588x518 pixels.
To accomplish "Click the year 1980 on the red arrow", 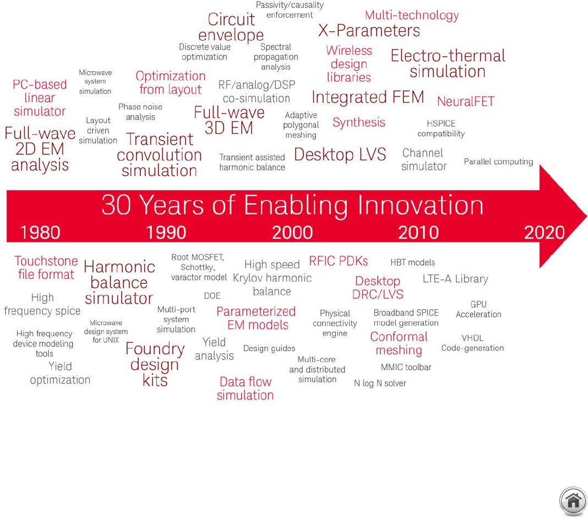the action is click(40, 233).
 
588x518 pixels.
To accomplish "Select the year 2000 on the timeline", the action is click(292, 233).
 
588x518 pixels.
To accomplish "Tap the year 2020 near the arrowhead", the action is click(545, 233).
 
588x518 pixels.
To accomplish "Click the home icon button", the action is click(573, 501).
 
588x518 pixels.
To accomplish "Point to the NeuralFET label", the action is click(466, 101).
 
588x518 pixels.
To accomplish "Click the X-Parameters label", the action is click(369, 31).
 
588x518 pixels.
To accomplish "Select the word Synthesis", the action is click(359, 122).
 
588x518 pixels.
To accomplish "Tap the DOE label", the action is click(213, 296).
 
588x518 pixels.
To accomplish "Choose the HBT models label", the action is click(412, 262).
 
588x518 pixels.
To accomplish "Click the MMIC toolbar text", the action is click(406, 367).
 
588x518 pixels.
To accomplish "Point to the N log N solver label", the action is click(380, 383).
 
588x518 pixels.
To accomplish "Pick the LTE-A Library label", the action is click(455, 279).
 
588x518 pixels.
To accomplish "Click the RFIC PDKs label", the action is click(338, 261).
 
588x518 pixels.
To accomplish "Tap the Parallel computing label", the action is click(498, 161).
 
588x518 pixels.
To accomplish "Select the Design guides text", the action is click(269, 348).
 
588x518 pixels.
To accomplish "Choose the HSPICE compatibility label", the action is click(441, 129).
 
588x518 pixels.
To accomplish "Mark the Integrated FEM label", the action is click(368, 97).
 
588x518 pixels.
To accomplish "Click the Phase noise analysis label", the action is click(140, 112).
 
